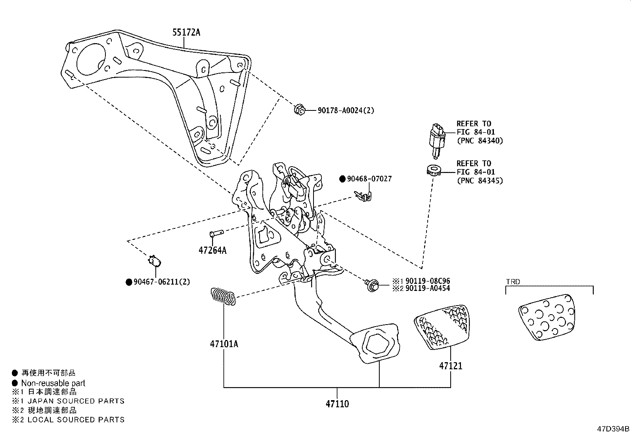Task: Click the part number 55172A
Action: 186,33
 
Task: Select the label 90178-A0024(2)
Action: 346,111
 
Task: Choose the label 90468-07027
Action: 369,179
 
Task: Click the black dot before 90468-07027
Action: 342,179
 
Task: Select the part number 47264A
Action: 212,251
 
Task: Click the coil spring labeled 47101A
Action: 223,296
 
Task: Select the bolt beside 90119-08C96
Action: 371,284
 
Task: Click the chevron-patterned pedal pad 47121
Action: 442,326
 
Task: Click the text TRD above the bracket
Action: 513,282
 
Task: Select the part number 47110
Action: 337,404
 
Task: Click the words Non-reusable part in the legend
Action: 53,383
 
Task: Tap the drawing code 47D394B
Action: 613,429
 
